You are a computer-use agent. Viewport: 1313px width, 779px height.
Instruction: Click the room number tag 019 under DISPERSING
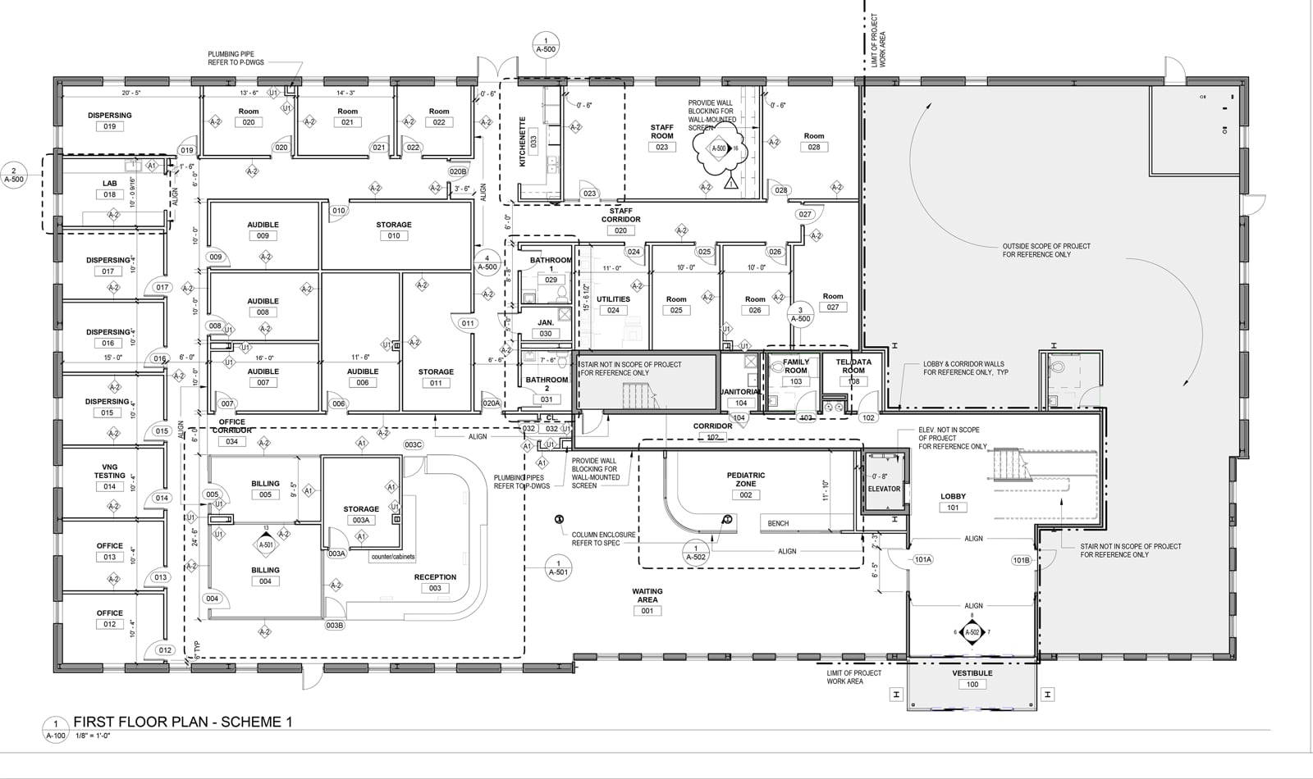(109, 127)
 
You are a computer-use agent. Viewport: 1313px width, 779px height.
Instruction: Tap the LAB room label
(109, 184)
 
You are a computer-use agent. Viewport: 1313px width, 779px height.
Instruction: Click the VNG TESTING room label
(109, 471)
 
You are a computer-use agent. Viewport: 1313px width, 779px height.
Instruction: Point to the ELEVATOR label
(884, 489)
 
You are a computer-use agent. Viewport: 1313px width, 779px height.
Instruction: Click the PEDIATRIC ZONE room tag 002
(745, 495)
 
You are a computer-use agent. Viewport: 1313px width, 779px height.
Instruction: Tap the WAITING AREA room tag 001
(647, 611)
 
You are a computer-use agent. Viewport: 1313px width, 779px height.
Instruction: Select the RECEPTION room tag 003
(435, 588)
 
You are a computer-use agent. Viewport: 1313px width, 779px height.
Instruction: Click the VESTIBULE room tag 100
(972, 684)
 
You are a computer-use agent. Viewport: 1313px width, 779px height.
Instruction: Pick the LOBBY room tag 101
(953, 508)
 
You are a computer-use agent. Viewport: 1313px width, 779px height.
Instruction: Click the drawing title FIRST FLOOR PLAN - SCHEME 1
(182, 722)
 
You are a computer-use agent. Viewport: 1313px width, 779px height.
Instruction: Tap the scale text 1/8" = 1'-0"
(92, 736)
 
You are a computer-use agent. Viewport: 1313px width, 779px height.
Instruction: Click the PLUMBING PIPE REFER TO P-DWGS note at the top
(231, 58)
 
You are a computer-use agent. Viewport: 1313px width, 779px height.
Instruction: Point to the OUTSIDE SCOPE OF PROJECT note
(1046, 250)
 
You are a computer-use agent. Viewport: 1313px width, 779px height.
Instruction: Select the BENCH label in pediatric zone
(778, 523)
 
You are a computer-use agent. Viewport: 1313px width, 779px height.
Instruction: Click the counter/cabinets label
(393, 557)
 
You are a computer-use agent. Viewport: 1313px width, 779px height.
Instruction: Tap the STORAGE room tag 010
(394, 236)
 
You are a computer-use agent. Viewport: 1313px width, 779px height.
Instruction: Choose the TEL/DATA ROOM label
(853, 366)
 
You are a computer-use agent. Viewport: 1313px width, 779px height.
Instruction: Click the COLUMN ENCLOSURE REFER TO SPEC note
(603, 539)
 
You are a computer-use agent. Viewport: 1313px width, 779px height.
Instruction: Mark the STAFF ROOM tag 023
(661, 148)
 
